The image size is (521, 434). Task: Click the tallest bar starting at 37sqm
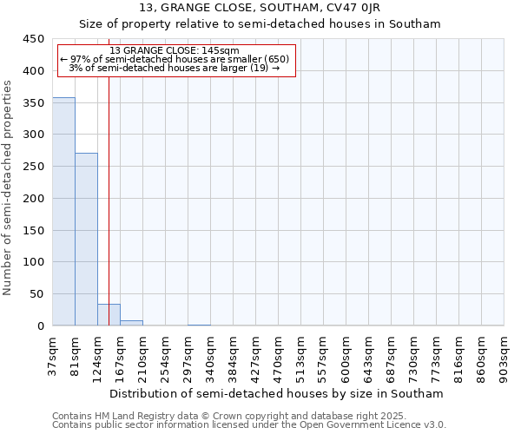(63, 212)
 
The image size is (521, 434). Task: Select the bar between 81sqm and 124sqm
(86, 240)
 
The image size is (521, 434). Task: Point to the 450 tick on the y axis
(33, 39)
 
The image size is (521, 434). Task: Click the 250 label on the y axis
(33, 167)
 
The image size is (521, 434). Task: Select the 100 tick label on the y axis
(33, 262)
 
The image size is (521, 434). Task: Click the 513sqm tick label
(301, 356)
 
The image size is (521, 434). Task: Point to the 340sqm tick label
(211, 356)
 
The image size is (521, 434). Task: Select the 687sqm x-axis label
(392, 356)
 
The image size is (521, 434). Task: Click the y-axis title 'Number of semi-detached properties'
(9, 187)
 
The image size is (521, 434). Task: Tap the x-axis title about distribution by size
(277, 393)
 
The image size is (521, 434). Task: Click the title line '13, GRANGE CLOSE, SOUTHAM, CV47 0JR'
(260, 9)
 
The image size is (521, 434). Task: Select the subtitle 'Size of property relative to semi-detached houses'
(260, 24)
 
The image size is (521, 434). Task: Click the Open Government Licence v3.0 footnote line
(249, 424)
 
